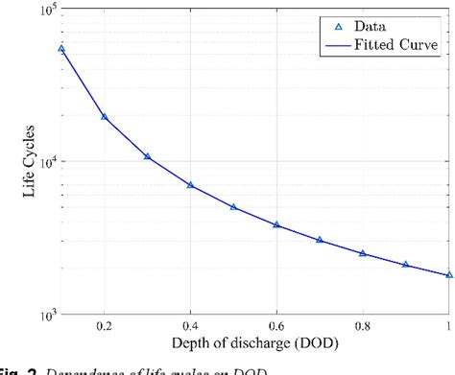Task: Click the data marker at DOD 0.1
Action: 61,49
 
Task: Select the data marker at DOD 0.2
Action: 105,117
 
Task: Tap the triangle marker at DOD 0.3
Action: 147,156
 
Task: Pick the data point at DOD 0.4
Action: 190,185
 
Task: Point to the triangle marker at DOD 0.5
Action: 233,207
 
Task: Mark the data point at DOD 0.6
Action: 276,225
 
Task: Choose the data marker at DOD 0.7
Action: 320,240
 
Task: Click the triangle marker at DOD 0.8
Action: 363,253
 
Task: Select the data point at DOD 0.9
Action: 406,265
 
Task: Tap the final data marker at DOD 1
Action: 448,275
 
